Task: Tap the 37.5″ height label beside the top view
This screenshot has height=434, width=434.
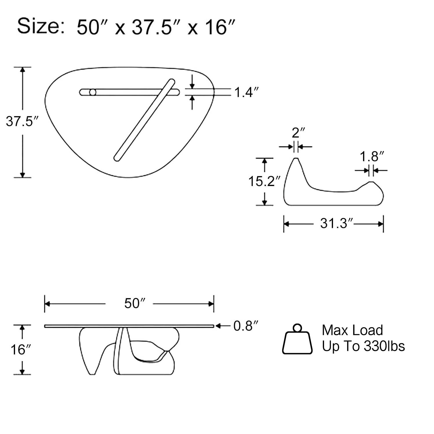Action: click(22, 121)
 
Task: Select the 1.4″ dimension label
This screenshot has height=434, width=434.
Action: click(246, 92)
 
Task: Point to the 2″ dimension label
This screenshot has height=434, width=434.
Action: click(298, 133)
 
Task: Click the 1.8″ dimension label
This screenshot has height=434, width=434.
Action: click(372, 157)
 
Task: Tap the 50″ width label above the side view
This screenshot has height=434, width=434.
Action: click(135, 303)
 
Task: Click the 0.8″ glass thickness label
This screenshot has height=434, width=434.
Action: click(246, 326)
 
